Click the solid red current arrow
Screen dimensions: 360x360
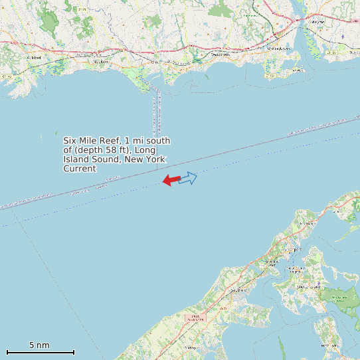pyautogui.click(x=171, y=180)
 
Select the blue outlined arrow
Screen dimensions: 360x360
pyautogui.click(x=189, y=178)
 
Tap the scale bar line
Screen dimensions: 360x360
pyautogui.click(x=40, y=352)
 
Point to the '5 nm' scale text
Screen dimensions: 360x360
pyautogui.click(x=39, y=345)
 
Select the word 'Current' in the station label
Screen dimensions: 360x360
pyautogui.click(x=80, y=169)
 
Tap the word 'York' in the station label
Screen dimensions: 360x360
pyautogui.click(x=153, y=159)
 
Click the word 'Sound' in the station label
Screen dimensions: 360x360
pyautogui.click(x=99, y=159)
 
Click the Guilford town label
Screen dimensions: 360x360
pyautogui.click(x=34, y=58)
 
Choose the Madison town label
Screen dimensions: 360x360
pyautogui.click(x=101, y=61)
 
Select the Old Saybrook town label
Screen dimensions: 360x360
pyautogui.click(x=279, y=48)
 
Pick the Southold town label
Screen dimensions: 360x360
pyautogui.click(x=237, y=290)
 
